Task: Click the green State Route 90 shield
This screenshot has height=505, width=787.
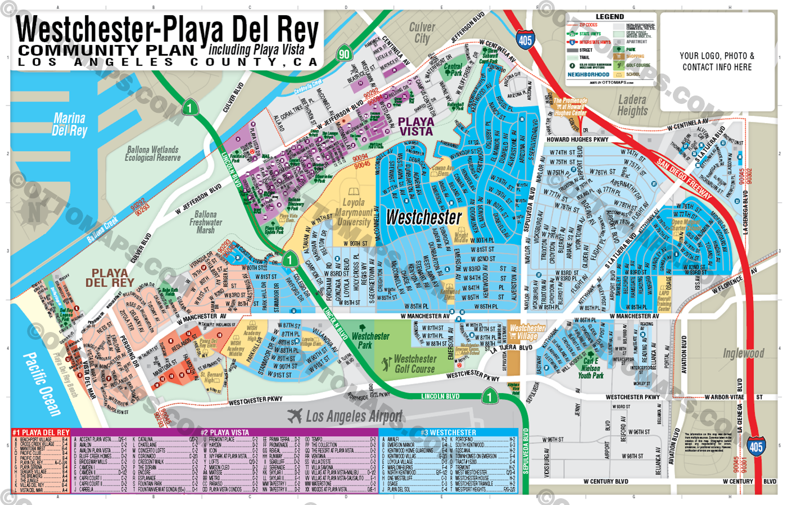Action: (344, 54)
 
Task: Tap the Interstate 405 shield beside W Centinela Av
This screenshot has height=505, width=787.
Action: (525, 40)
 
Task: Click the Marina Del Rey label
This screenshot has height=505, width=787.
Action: (69, 125)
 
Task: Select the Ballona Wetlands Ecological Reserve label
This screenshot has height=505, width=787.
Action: (152, 154)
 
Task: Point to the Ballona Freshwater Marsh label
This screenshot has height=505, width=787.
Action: (205, 222)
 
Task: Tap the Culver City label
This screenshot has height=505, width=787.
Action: (422, 33)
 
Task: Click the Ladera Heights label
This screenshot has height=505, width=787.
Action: (632, 105)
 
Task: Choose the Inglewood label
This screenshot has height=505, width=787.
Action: (743, 353)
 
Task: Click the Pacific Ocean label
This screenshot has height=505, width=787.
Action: (42, 384)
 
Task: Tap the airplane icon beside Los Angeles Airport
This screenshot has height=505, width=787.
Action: (295, 416)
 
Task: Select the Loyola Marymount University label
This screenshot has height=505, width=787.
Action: (354, 212)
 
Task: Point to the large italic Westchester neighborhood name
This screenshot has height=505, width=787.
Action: (424, 217)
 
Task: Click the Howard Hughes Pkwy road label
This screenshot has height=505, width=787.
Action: (577, 139)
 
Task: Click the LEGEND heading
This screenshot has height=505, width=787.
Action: (609, 17)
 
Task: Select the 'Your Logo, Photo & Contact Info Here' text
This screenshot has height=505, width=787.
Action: (717, 61)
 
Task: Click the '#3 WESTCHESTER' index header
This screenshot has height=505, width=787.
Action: (448, 433)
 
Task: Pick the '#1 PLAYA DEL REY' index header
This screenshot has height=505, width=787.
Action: (40, 433)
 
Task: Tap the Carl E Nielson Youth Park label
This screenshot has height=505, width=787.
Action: (590, 368)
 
